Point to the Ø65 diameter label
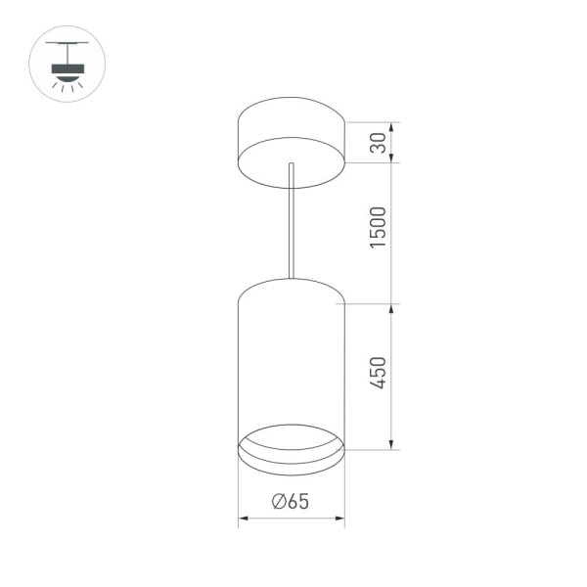point(292,502)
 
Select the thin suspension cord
point(291,220)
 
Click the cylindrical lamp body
point(291,362)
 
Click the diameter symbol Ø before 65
point(279,502)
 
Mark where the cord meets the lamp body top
point(291,279)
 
